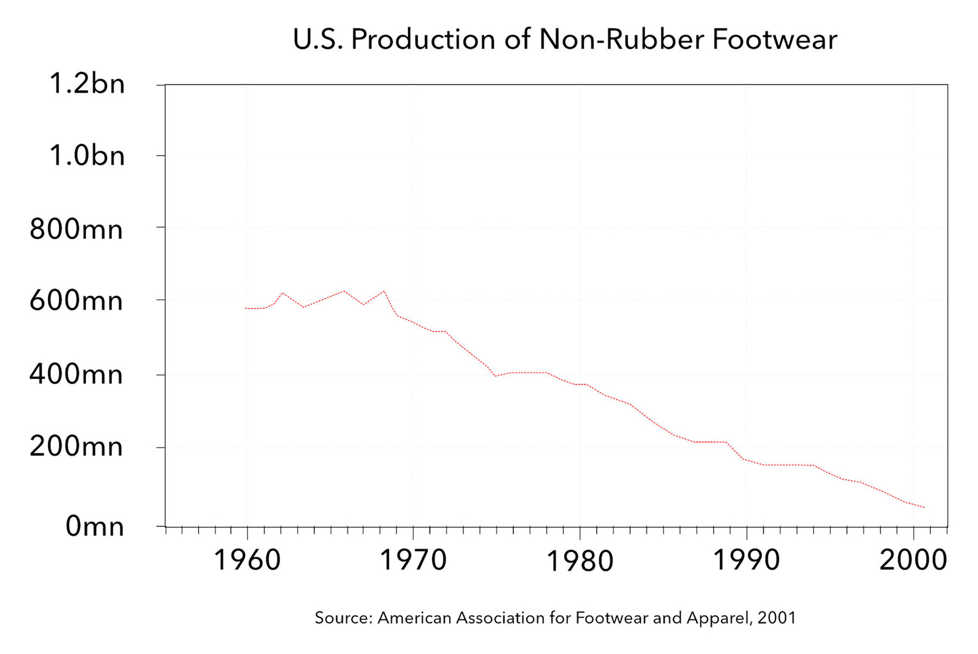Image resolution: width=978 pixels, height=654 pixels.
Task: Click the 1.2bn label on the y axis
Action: tap(87, 84)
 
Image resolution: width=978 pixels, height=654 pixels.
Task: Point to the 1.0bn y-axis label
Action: tap(87, 156)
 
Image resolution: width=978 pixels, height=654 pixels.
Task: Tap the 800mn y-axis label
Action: tap(76, 230)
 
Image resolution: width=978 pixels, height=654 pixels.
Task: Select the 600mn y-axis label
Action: tap(76, 300)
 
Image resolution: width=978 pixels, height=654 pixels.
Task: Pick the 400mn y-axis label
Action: tap(76, 374)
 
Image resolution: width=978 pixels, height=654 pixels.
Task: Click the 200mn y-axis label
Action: tap(76, 447)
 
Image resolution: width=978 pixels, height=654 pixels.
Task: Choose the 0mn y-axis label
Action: tap(95, 526)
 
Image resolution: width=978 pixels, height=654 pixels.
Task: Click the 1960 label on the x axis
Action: tap(248, 560)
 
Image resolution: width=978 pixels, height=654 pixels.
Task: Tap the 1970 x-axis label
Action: tap(413, 560)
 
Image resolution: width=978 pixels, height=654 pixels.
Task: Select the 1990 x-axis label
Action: tap(746, 560)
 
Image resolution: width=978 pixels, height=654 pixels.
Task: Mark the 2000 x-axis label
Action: tap(913, 560)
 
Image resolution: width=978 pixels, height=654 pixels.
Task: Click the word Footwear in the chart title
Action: tap(775, 40)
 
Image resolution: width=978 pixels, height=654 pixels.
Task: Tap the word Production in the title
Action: tap(424, 40)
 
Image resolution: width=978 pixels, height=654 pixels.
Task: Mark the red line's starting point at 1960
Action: tap(245, 308)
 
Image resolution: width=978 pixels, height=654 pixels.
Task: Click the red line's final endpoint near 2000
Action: tap(924, 507)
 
